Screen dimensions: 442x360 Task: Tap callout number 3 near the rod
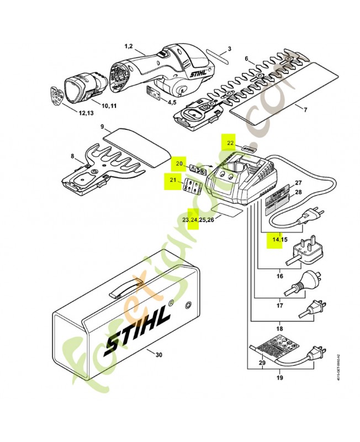(230, 49)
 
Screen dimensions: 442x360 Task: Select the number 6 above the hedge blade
(247, 59)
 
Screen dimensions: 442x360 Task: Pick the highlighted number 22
(230, 142)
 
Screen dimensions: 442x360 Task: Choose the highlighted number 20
(178, 164)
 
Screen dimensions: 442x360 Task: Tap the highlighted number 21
(173, 180)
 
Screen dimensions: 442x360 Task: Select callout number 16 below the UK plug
(280, 275)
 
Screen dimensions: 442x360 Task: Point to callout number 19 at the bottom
(280, 378)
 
